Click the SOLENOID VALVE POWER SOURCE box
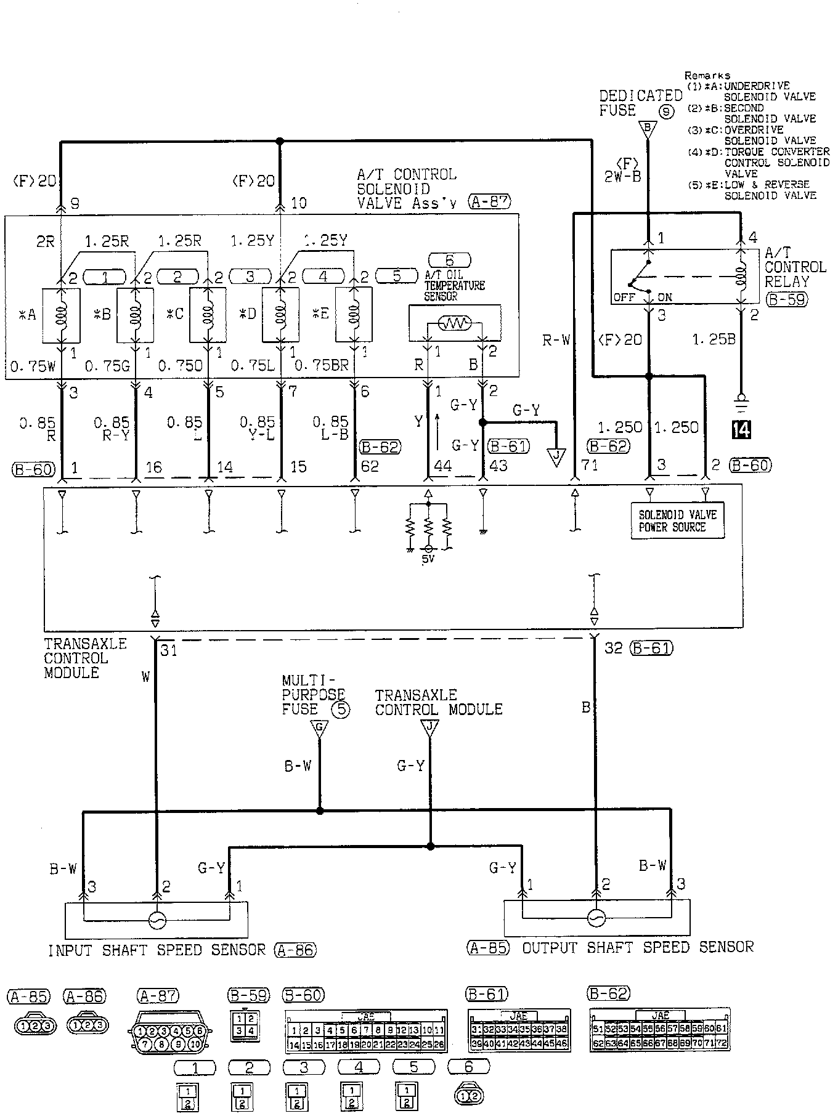point(677,520)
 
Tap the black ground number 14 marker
point(742,429)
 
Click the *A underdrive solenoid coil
point(62,314)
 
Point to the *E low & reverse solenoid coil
point(354,314)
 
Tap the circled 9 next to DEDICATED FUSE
point(666,112)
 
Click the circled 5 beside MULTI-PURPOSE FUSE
point(340,710)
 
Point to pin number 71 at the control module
point(590,466)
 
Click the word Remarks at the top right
point(707,75)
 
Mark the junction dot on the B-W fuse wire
point(320,811)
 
